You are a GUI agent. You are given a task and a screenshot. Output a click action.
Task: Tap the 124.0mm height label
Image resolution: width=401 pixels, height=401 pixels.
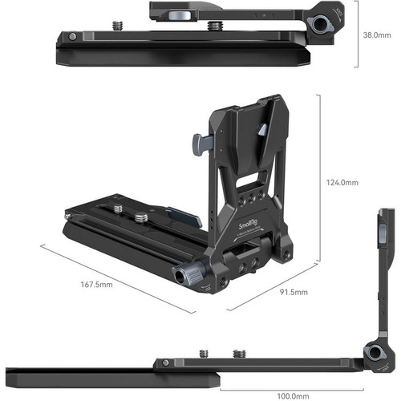343,183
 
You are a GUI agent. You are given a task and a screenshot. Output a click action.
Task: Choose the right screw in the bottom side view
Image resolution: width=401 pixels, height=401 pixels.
239,352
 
